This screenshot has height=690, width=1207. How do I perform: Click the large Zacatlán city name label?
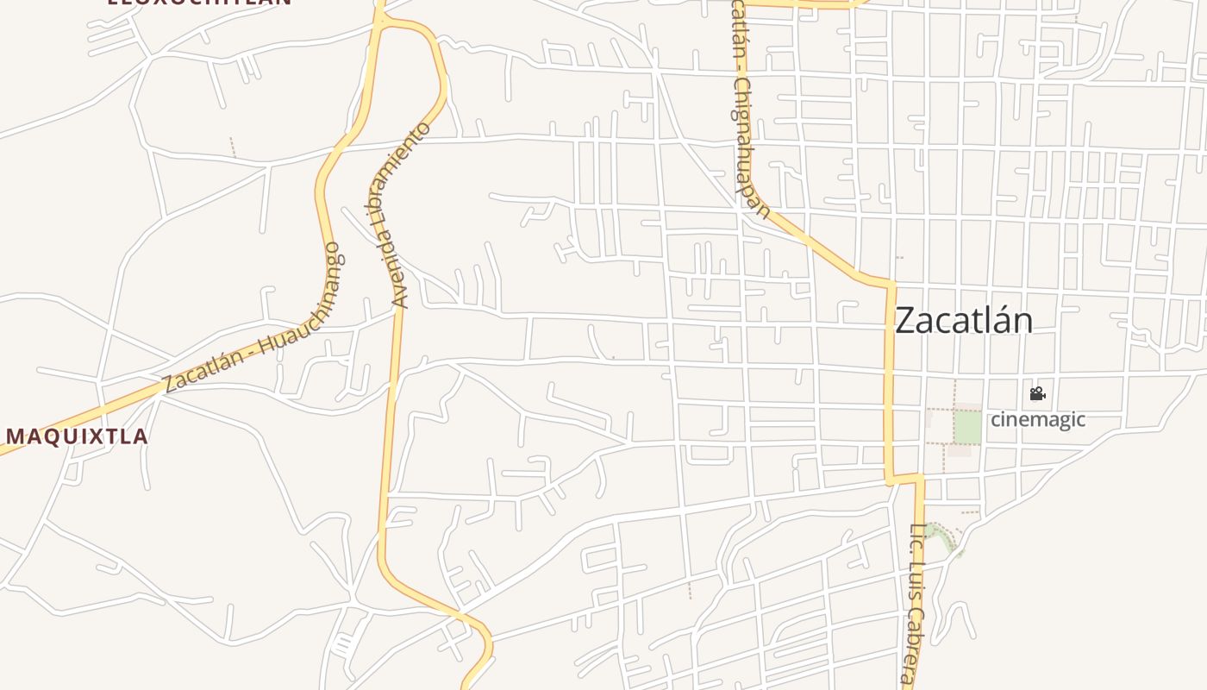pos(964,321)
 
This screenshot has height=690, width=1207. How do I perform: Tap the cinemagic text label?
pos(1037,419)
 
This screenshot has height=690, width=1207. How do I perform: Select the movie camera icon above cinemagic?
pos(1037,394)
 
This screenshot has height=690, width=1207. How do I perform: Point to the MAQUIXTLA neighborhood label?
pos(78,436)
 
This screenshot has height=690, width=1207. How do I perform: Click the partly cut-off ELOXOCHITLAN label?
pos(199,2)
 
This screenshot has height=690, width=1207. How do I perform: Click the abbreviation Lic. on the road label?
pos(917,536)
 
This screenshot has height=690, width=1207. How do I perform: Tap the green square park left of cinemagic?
pos(967,428)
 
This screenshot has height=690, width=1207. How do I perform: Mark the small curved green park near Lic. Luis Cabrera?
pos(946,536)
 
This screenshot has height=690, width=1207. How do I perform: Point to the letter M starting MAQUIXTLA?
pos(16,436)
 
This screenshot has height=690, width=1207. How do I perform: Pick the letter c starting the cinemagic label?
pos(995,420)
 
